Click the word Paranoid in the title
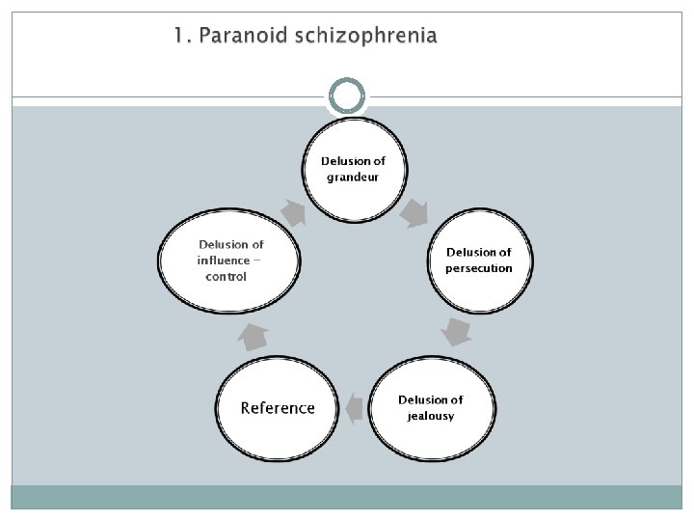pyautogui.click(x=238, y=37)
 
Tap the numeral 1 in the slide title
pyautogui.click(x=178, y=37)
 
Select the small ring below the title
pyautogui.click(x=347, y=96)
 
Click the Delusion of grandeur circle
pyautogui.click(x=353, y=171)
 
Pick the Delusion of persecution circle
pyautogui.click(x=479, y=260)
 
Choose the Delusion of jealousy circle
pyautogui.click(x=430, y=408)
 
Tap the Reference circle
pyautogui.click(x=278, y=408)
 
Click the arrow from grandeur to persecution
pyautogui.click(x=414, y=212)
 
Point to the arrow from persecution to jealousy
pyautogui.click(x=456, y=332)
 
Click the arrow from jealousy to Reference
pyautogui.click(x=354, y=408)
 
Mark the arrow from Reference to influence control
pyautogui.click(x=254, y=337)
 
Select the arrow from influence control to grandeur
pyautogui.click(x=293, y=211)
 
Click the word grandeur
pyautogui.click(x=353, y=178)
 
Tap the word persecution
pyautogui.click(x=479, y=267)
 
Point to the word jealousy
pyautogui.click(x=430, y=416)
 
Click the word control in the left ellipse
pyautogui.click(x=227, y=277)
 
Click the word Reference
pyautogui.click(x=278, y=408)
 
